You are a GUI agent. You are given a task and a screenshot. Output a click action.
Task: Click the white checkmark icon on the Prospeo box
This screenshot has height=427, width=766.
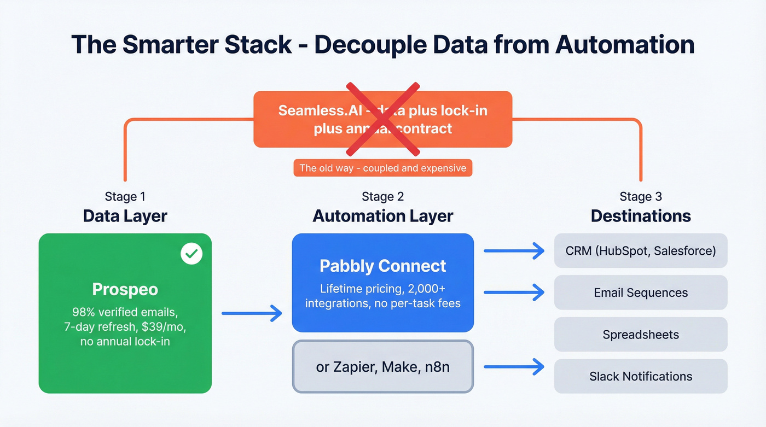191,254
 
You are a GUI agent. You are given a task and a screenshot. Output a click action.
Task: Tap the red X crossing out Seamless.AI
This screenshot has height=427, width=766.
383,119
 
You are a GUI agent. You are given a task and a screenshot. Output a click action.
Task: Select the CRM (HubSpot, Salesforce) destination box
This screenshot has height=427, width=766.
641,251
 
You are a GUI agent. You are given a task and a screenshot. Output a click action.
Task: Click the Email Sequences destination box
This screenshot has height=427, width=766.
641,293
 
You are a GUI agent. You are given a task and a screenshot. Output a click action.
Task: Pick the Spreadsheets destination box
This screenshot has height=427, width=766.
641,335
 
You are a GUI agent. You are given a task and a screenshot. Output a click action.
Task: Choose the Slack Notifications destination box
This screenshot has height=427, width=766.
641,376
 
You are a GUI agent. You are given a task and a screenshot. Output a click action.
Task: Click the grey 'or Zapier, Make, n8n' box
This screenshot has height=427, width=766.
383,367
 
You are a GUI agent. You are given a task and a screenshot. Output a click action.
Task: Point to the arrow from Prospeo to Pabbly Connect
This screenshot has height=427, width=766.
252,313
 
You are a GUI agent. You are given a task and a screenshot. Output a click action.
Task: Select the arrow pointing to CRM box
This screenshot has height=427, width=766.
514,251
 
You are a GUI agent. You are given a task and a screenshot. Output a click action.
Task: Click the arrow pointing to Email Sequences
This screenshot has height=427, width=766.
514,293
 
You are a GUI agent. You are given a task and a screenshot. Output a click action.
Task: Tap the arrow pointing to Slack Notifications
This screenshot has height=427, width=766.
514,367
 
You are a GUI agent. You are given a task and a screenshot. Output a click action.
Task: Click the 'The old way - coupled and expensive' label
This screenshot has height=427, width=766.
383,168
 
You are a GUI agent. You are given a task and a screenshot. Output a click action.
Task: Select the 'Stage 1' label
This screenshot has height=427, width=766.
125,197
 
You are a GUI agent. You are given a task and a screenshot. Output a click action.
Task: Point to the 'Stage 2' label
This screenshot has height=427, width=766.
383,197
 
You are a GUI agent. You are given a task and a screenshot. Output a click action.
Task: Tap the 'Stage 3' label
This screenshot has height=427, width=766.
641,197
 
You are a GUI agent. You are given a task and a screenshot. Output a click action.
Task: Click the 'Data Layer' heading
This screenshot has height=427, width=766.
125,216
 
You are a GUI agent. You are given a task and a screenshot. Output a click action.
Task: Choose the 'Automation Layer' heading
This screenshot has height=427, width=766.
383,216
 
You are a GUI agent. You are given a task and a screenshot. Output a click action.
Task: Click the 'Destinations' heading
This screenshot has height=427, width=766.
641,216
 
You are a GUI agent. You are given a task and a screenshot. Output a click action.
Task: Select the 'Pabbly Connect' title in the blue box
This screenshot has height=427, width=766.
383,266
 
